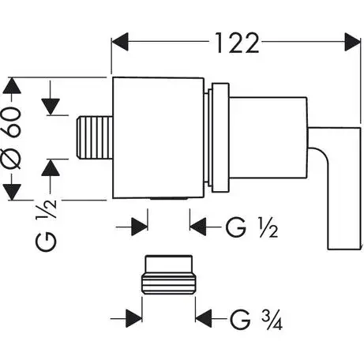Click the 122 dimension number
(237, 43)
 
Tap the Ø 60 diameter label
(12, 138)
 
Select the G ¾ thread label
(256, 319)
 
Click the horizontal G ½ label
(252, 228)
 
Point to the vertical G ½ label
(46, 226)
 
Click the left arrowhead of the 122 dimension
(120, 42)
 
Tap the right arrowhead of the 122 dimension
(352, 42)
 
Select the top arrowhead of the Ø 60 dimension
(12, 85)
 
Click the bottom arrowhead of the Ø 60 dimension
(12, 192)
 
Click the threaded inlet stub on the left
(94, 137)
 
